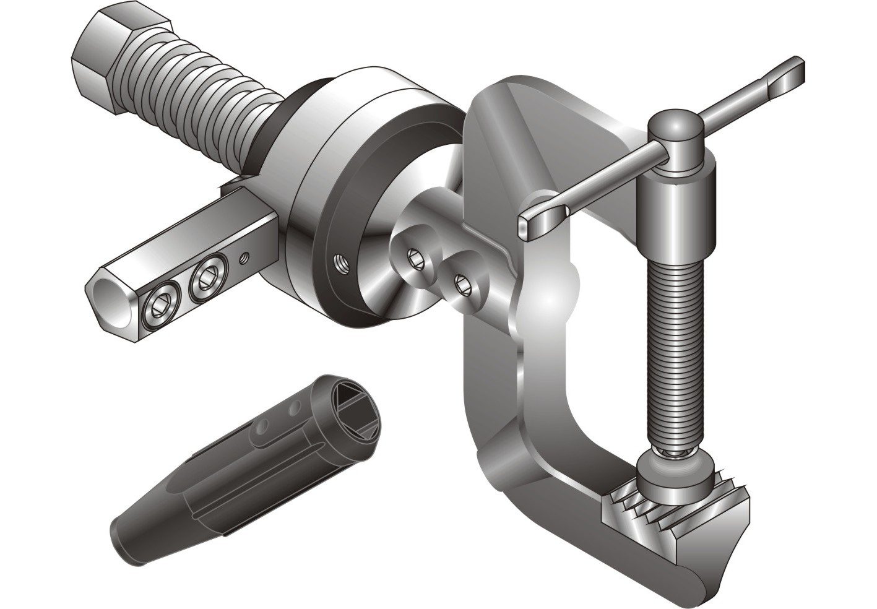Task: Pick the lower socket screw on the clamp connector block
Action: click(460, 285)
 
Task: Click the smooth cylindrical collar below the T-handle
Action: click(678, 210)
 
